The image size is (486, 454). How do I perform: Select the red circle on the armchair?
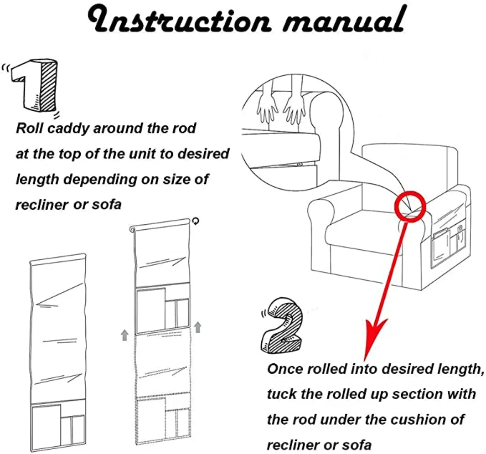click(x=409, y=206)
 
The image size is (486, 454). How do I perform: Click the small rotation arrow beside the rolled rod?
click(x=196, y=221)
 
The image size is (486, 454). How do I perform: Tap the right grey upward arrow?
click(x=197, y=326)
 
